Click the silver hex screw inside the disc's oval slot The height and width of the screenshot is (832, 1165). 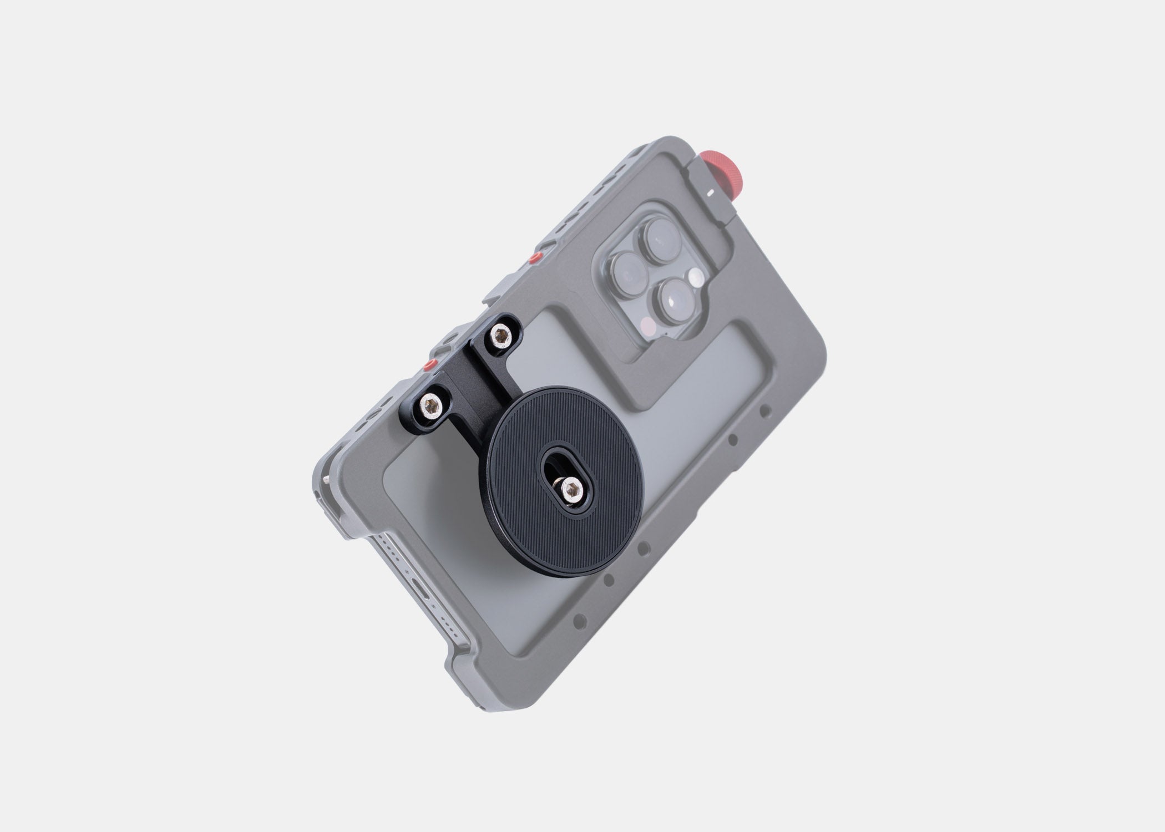point(569,488)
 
